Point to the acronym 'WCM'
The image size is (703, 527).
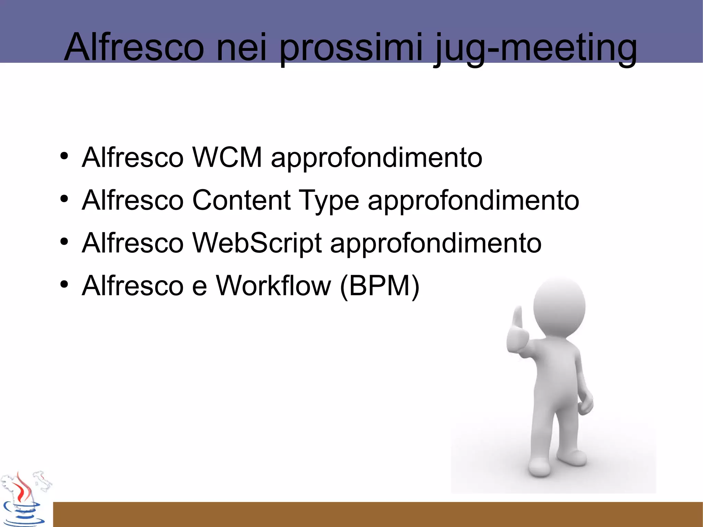click(227, 158)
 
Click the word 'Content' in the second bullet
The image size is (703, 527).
click(241, 200)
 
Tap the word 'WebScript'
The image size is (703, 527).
click(257, 243)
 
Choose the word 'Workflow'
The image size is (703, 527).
click(273, 286)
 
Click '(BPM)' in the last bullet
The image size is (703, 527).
click(380, 286)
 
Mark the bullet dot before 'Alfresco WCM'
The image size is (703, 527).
click(64, 156)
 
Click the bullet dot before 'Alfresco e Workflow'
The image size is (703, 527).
click(64, 284)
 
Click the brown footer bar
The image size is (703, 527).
click(378, 514)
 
